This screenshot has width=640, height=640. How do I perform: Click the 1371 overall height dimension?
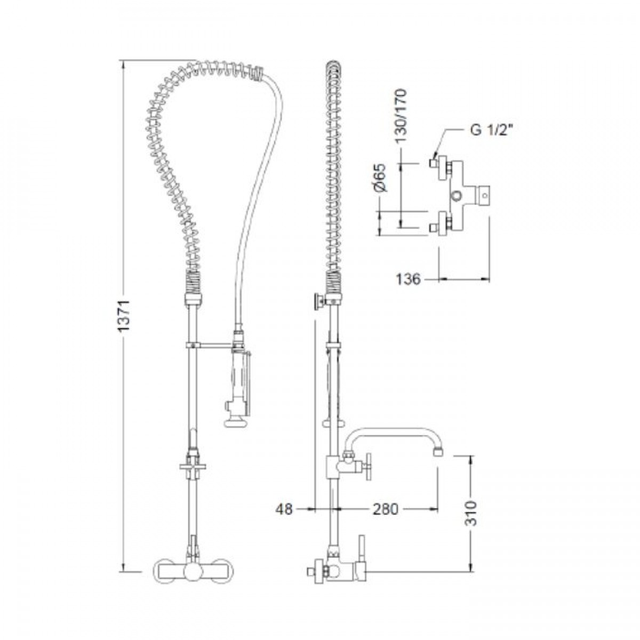point(124,316)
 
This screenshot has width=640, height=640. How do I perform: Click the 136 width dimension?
point(408,279)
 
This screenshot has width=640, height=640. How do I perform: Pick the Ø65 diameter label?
point(381,178)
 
